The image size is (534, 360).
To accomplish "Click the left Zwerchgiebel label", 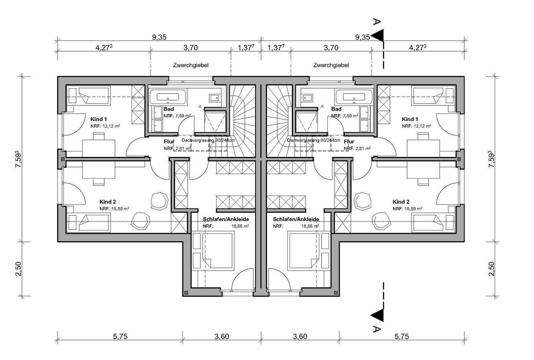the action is (191, 65).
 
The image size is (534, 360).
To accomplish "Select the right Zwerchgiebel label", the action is (331, 65).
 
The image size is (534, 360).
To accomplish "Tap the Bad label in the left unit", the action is (169, 109).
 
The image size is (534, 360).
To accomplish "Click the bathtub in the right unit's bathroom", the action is (354, 97).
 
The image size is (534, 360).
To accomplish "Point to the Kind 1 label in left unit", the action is (99, 119).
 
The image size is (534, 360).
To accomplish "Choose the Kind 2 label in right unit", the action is (401, 202).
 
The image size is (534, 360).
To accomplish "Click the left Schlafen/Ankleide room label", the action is (226, 219).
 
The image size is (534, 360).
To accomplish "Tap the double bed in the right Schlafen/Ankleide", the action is (303, 251).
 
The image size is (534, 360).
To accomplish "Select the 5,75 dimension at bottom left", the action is (120, 336).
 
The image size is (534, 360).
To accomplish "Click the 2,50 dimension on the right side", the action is (491, 269).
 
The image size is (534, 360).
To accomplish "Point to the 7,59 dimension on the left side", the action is (19, 159).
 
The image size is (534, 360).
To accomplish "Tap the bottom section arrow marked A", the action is (377, 315).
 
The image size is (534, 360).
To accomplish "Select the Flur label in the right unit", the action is (349, 142).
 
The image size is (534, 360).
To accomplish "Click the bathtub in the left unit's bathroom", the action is (168, 97).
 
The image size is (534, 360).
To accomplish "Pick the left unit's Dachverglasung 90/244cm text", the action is (208, 140).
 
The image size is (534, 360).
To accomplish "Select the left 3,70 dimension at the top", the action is (191, 48).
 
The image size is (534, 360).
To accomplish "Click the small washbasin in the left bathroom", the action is (214, 98).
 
